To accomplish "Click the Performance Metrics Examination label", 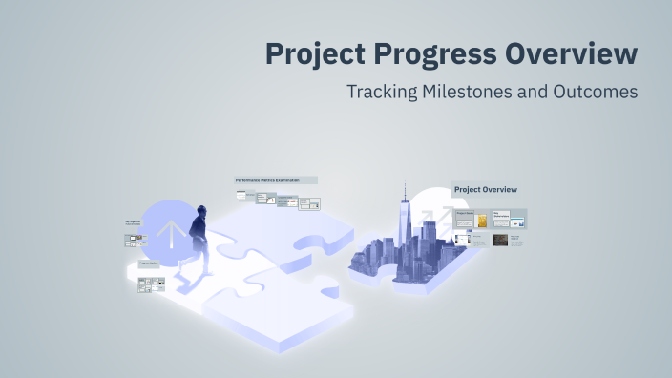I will click(x=275, y=179).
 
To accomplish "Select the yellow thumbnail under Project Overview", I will click(x=483, y=221).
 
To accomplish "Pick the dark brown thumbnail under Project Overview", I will click(x=499, y=241).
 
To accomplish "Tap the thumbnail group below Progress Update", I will click(x=151, y=283).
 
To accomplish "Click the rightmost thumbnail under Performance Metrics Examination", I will click(x=309, y=203).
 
